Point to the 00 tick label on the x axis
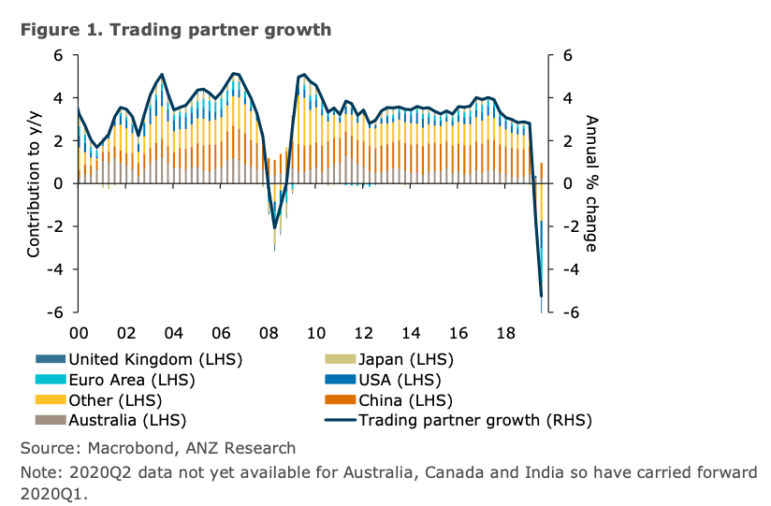(x=80, y=332)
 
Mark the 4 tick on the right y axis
(x=565, y=98)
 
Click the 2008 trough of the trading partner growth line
(x=275, y=227)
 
